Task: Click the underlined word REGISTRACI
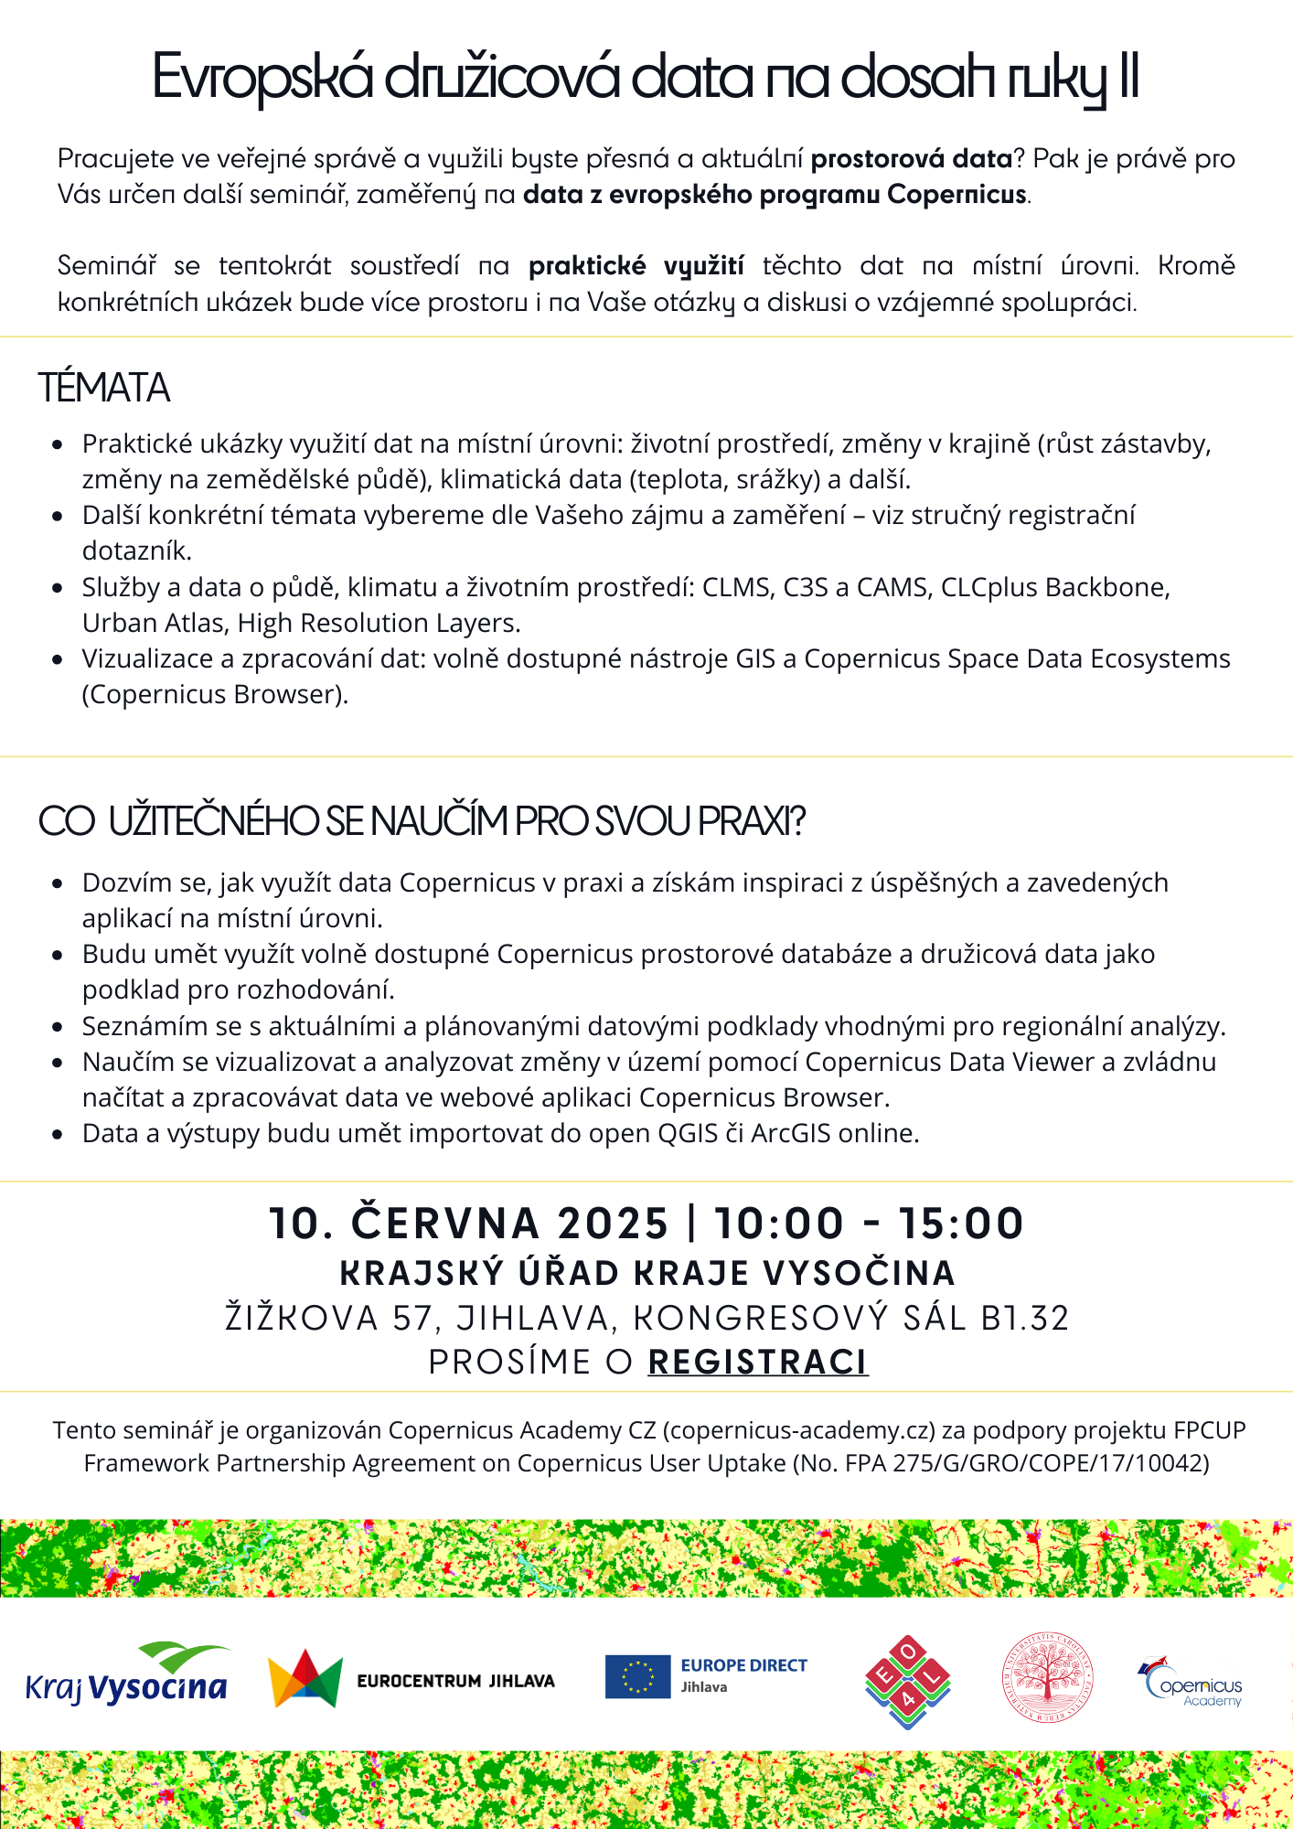click(x=757, y=1362)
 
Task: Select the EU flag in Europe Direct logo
click(x=637, y=1677)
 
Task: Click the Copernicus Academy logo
click(x=1191, y=1683)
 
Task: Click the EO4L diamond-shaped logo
click(x=907, y=1682)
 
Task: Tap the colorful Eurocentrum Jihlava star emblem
click(x=305, y=1679)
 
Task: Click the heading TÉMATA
click(x=104, y=388)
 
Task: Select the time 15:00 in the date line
click(x=960, y=1224)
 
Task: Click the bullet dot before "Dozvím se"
click(x=58, y=883)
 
